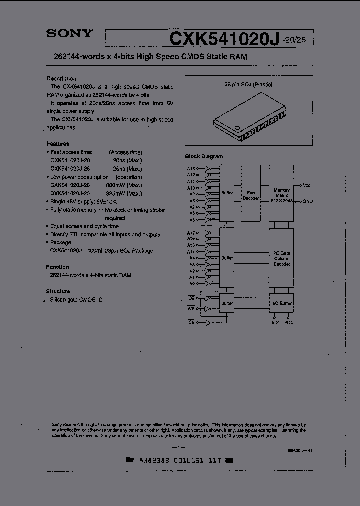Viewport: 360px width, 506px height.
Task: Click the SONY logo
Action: pyautogui.click(x=69, y=34)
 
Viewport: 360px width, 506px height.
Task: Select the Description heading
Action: pyautogui.click(x=61, y=78)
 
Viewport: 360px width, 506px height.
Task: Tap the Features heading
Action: pyautogui.click(x=58, y=144)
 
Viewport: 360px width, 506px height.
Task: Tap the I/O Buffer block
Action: pyautogui.click(x=282, y=303)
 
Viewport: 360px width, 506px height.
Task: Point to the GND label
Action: pyautogui.click(x=307, y=201)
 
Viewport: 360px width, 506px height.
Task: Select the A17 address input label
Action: pyautogui.click(x=191, y=233)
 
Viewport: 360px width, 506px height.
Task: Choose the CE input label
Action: pyautogui.click(x=190, y=323)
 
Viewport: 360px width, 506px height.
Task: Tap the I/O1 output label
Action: pyautogui.click(x=275, y=323)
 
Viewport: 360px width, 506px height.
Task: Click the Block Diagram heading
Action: pyautogui.click(x=204, y=156)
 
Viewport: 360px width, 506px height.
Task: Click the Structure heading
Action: pyautogui.click(x=58, y=291)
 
